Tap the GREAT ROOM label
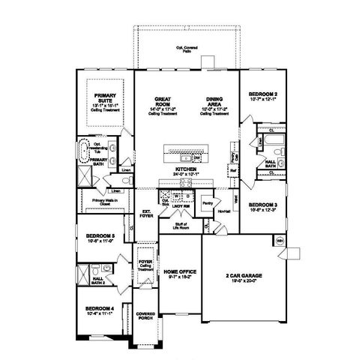(163, 100)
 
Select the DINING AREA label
(213, 100)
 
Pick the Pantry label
(208, 202)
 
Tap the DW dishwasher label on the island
(196, 158)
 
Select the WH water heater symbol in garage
(280, 241)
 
